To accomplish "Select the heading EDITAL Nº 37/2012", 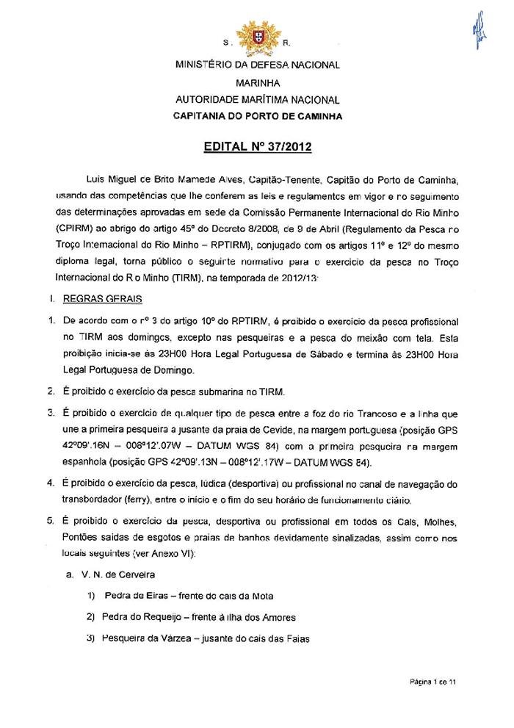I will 256,147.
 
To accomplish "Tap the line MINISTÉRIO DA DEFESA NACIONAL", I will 257,65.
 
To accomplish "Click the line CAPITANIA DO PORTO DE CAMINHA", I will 257,116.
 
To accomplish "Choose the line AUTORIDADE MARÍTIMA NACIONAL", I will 257,99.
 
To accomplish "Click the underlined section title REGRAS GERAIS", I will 93,300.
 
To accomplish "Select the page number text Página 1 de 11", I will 433,682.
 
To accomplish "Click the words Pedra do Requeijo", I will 138,617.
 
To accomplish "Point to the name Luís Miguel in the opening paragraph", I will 109,179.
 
